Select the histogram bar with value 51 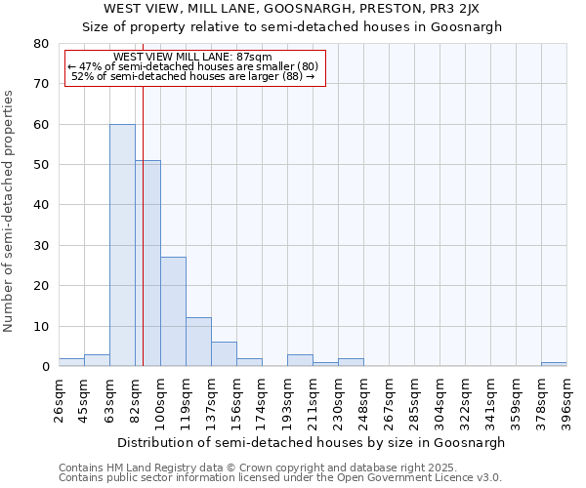147,264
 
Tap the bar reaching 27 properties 173,312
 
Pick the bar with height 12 198,343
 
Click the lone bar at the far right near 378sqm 554,364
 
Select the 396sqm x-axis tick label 567,396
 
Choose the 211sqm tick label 314,396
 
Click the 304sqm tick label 440,396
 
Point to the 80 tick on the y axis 41,44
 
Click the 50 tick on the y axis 41,165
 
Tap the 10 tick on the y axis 41,326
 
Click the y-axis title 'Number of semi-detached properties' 9,211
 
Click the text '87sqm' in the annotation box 254,58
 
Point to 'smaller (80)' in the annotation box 287,66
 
